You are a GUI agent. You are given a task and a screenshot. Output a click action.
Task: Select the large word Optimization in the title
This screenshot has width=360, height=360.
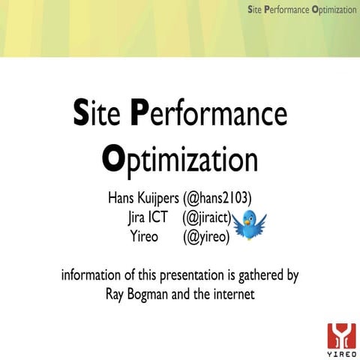point(179,160)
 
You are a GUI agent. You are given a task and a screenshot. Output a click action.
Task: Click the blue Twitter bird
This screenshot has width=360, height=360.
point(249,223)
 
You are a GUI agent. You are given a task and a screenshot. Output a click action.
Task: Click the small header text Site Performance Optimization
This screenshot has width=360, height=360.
point(302,9)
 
